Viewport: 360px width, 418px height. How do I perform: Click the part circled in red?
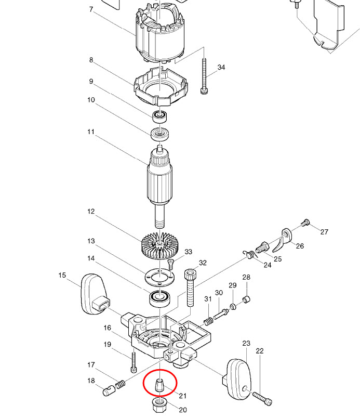160,385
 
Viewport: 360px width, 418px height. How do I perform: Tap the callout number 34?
221,68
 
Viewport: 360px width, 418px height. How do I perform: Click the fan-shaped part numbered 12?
161,243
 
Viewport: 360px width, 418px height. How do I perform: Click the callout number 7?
91,10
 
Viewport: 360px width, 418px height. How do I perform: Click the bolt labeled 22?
263,398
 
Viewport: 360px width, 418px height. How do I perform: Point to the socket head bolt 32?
191,289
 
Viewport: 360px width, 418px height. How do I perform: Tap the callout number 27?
324,232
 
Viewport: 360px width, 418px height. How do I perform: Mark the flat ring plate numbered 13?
160,277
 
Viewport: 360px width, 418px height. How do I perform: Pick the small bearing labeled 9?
160,115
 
